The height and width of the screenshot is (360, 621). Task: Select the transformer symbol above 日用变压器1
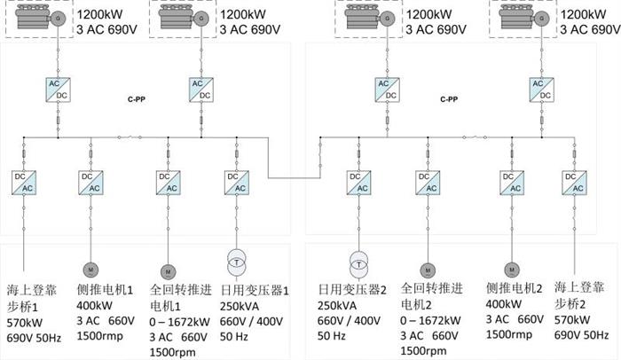click(x=236, y=260)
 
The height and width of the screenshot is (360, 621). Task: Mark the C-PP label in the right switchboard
click(x=450, y=99)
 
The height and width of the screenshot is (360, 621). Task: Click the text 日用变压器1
click(x=255, y=289)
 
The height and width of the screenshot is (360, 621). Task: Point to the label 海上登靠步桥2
click(x=579, y=296)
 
